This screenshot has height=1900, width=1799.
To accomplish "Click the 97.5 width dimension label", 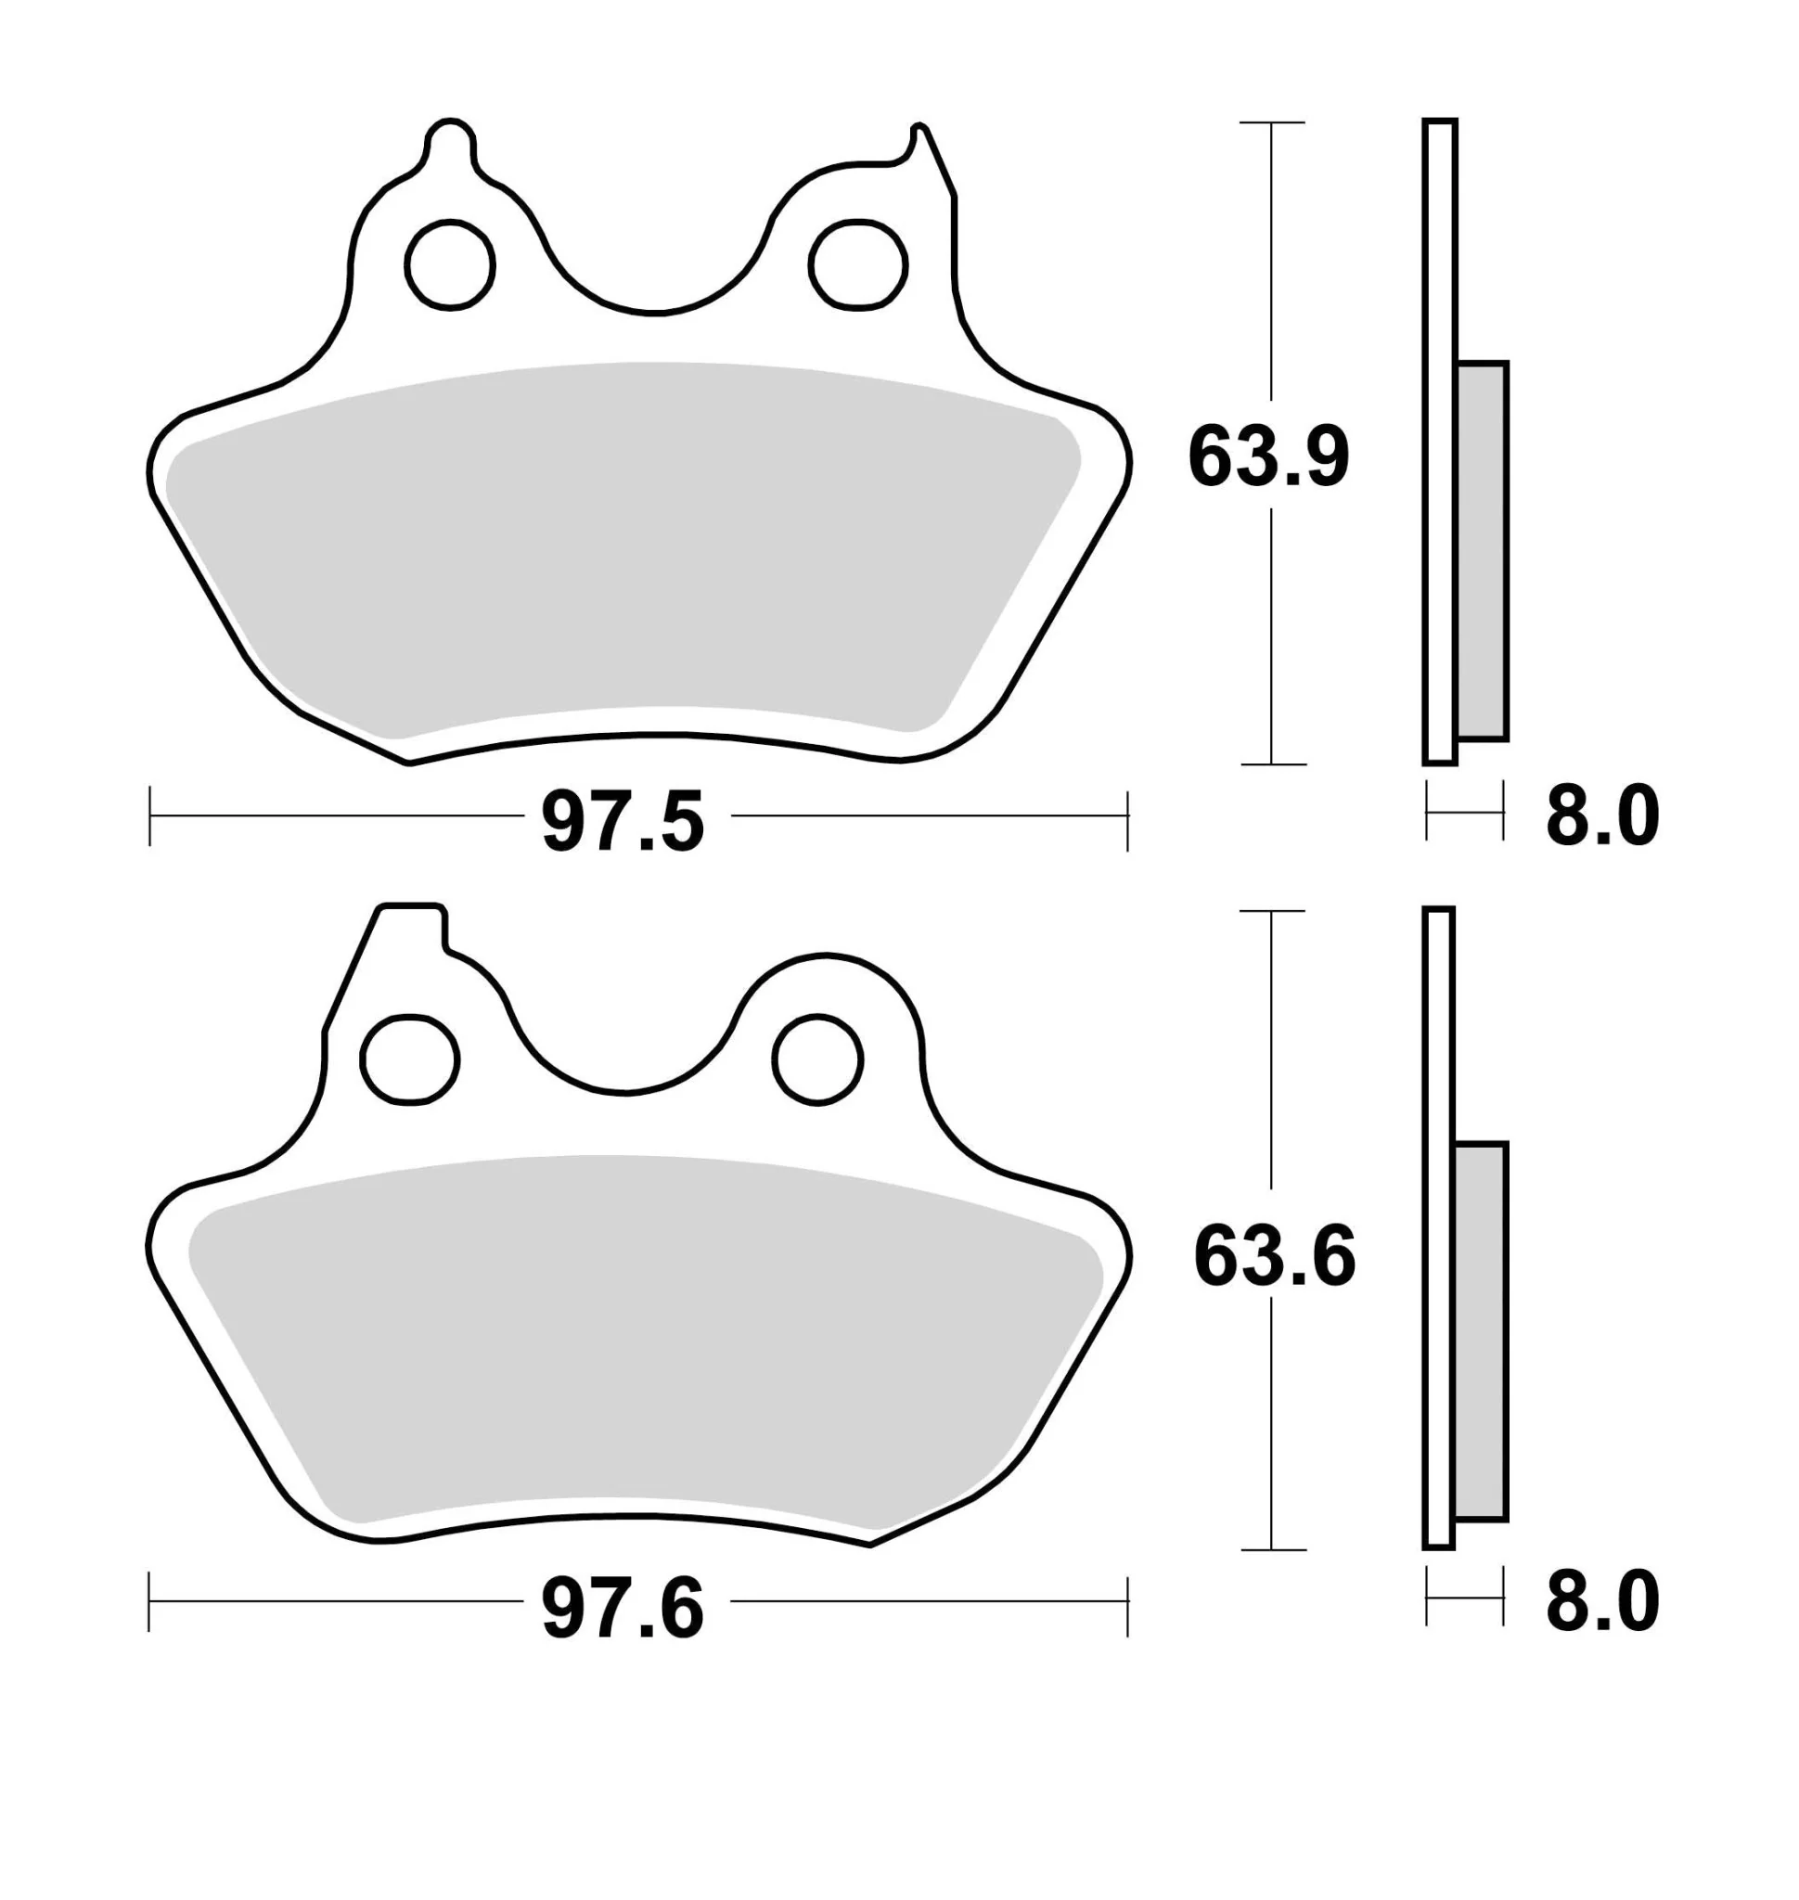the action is coord(623,822).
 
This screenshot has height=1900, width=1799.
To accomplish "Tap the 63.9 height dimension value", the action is coord(1268,456).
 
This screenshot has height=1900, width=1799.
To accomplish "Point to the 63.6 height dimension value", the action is coord(1275,1256).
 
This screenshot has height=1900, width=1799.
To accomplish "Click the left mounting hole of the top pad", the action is coord(450,264).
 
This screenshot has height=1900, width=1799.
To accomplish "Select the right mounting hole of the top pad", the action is coord(857,264).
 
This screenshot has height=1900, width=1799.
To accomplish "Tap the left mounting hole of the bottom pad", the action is coord(409,1059).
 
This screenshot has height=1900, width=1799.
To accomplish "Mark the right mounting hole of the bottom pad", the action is coord(818,1059).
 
